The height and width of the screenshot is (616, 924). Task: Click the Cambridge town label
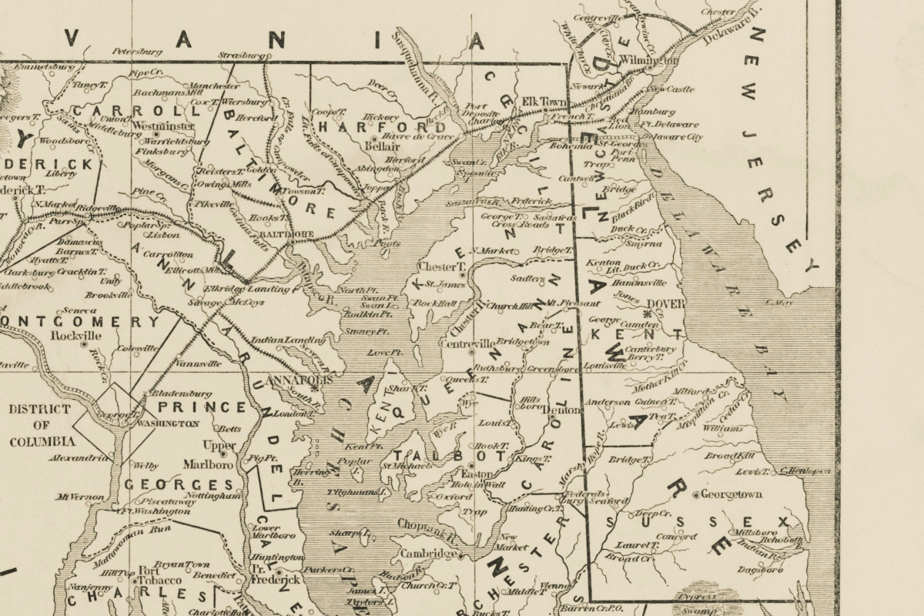pos(427,554)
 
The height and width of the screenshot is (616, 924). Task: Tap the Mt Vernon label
pos(79,497)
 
